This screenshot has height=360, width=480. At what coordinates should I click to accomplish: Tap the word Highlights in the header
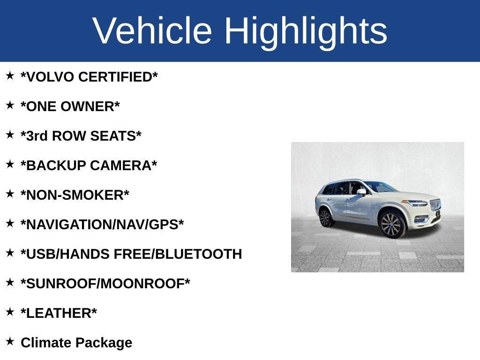(306, 31)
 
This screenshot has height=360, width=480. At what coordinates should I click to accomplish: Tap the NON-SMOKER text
(75, 195)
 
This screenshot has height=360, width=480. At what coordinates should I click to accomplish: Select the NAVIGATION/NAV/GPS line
(102, 225)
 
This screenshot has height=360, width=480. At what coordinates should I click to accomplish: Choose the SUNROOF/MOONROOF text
(105, 284)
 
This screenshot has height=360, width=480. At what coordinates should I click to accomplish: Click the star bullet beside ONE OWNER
(10, 105)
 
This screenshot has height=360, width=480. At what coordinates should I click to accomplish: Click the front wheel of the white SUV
(392, 225)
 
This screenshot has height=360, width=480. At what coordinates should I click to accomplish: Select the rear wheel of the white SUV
(325, 217)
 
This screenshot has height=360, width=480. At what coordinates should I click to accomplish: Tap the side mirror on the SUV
(361, 191)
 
